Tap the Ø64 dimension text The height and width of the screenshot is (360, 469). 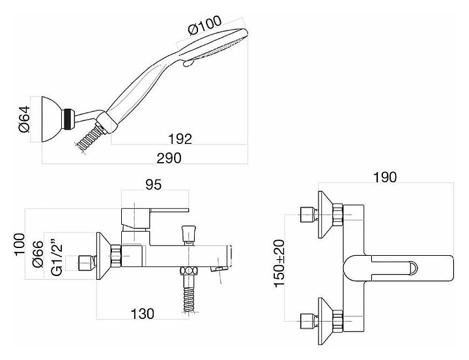25,119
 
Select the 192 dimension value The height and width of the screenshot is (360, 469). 180,139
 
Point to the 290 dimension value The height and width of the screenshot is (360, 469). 169,158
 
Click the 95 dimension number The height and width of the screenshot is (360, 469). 154,185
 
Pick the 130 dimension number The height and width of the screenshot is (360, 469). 143,314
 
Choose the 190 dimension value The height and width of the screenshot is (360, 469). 385,177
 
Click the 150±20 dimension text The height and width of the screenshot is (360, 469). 279,264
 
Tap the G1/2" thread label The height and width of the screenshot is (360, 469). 57,256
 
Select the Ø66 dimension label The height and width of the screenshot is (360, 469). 38,253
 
